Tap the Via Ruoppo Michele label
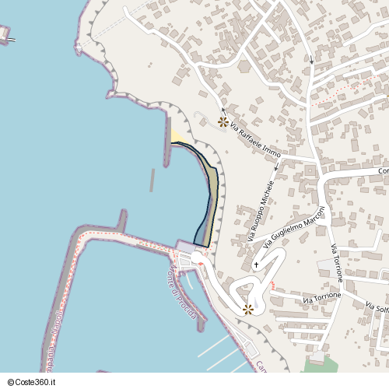[261, 210]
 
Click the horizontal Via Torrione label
[322, 299]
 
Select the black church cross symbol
[257, 265]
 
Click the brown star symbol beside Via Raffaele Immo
[223, 122]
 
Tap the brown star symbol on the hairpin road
[248, 309]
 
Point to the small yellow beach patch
[178, 137]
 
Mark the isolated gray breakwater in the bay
[152, 180]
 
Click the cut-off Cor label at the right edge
[382, 170]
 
